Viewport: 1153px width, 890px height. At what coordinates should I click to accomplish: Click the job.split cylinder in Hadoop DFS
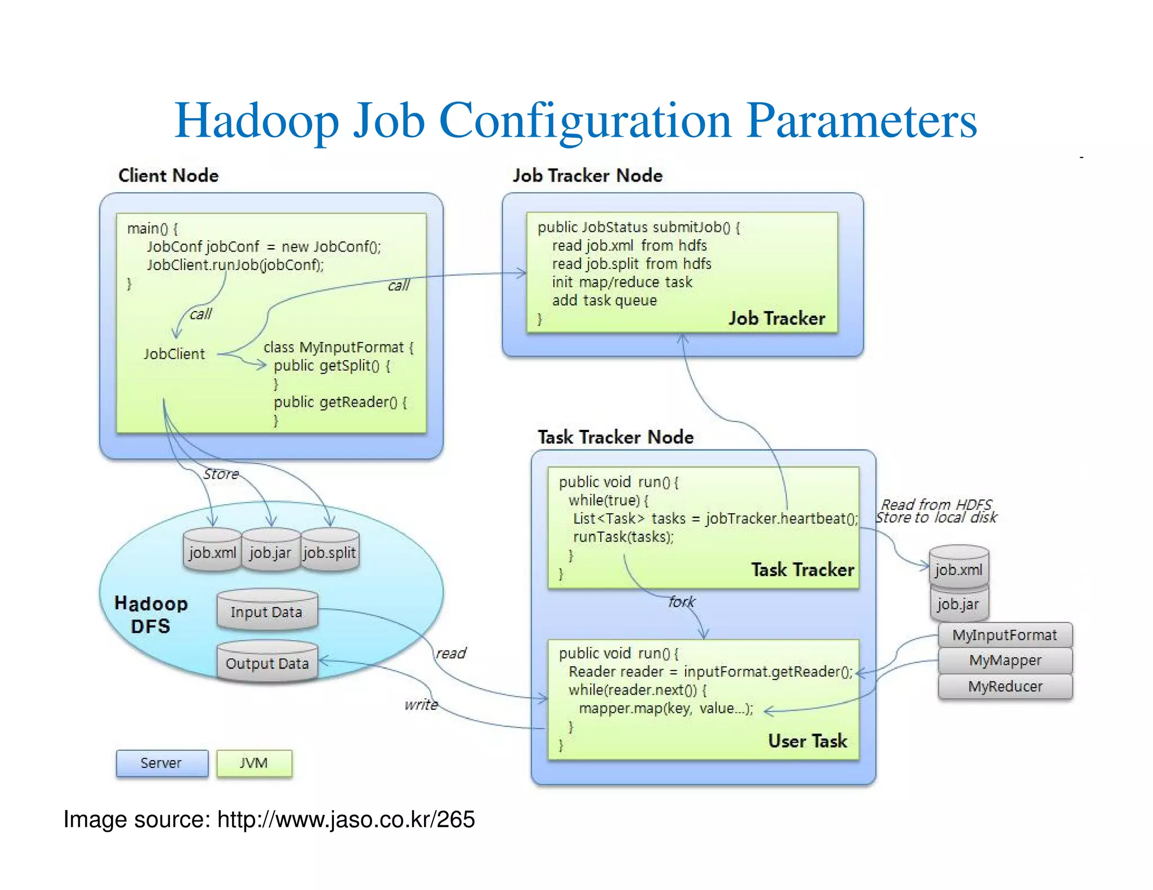(x=330, y=552)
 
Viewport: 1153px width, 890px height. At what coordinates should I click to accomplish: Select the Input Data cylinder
(x=267, y=612)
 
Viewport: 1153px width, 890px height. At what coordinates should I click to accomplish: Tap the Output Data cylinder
(x=267, y=663)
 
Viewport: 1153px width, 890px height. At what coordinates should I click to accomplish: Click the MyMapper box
(x=1005, y=660)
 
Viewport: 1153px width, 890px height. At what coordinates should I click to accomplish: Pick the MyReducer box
(x=1005, y=686)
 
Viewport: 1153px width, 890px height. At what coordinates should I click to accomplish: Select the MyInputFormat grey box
(x=1005, y=635)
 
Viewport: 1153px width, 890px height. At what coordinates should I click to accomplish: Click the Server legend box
(x=162, y=763)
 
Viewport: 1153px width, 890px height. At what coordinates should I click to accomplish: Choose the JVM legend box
(x=254, y=763)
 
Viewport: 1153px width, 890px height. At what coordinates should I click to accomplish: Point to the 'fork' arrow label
(x=682, y=602)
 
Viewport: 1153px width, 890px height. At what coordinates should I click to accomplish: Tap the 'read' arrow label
(x=451, y=653)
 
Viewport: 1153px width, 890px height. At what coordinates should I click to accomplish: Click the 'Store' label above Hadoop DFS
(x=221, y=474)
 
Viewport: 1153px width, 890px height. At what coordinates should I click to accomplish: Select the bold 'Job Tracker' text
(x=777, y=318)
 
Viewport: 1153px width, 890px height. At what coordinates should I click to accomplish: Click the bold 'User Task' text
(x=807, y=741)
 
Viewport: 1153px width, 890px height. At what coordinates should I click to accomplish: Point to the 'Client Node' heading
(x=168, y=176)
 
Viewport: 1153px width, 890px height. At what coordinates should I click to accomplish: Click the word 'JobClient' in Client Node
(x=174, y=354)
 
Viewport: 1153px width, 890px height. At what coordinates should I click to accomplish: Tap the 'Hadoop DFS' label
(x=151, y=615)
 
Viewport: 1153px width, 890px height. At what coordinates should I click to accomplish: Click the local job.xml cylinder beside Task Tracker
(x=958, y=569)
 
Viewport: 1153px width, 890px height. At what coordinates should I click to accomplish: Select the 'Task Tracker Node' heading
(x=615, y=437)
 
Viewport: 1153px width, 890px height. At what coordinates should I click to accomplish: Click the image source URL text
(x=346, y=819)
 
